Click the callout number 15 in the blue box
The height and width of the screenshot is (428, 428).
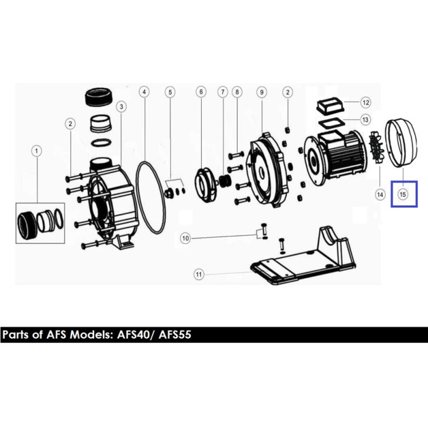(402, 194)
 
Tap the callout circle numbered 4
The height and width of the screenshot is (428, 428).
(144, 92)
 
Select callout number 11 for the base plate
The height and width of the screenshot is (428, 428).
(199, 274)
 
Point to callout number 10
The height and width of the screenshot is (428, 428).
(185, 238)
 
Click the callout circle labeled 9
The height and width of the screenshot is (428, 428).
(262, 92)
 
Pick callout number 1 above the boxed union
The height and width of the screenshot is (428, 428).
(37, 151)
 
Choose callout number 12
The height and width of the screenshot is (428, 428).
(366, 103)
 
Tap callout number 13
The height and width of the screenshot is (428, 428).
(365, 120)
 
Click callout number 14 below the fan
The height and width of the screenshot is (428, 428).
(380, 194)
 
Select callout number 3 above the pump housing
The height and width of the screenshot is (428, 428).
(121, 106)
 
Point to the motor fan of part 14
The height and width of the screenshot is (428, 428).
(376, 147)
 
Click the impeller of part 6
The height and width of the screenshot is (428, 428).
(206, 185)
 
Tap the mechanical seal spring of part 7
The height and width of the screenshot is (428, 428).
(225, 181)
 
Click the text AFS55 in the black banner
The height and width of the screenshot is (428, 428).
(175, 334)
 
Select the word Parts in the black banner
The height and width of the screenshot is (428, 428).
(16, 334)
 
